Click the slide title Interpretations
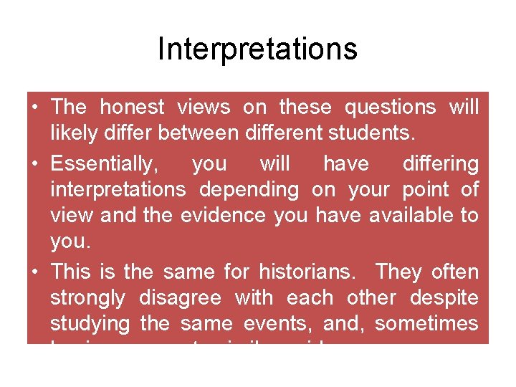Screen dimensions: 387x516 pyautogui.click(x=257, y=49)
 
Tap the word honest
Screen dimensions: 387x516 pyautogui.click(x=132, y=107)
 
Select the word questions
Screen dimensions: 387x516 pyautogui.click(x=390, y=107)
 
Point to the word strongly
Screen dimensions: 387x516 pyautogui.click(x=87, y=298)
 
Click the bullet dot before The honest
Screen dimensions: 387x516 pyautogui.click(x=34, y=108)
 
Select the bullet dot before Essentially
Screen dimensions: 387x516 pyautogui.click(x=34, y=164)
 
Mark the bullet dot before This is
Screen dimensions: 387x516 pyautogui.click(x=34, y=272)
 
